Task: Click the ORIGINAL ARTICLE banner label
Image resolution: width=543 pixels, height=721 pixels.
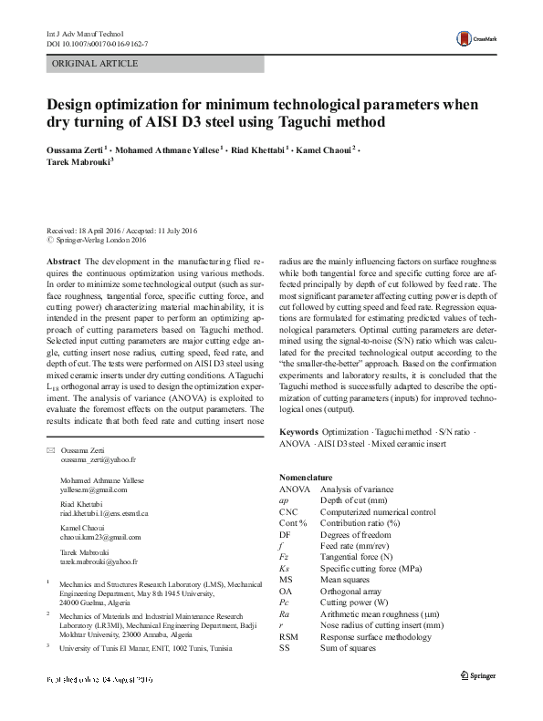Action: [x=96, y=64]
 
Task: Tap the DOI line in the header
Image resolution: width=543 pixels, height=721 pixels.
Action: [x=97, y=44]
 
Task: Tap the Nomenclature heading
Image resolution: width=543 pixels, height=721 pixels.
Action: [x=306, y=478]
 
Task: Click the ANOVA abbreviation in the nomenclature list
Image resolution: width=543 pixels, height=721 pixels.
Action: [x=295, y=489]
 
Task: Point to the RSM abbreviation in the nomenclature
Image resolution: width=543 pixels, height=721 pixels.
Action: [x=289, y=636]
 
